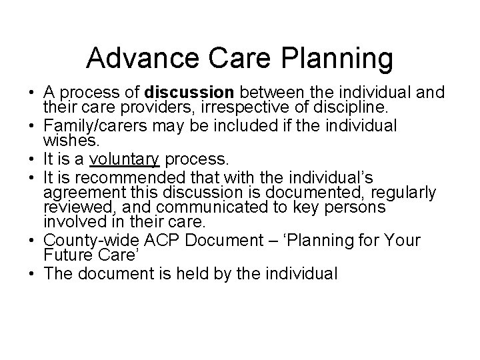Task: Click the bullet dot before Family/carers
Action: coord(29,125)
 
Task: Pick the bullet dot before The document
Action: coord(29,273)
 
